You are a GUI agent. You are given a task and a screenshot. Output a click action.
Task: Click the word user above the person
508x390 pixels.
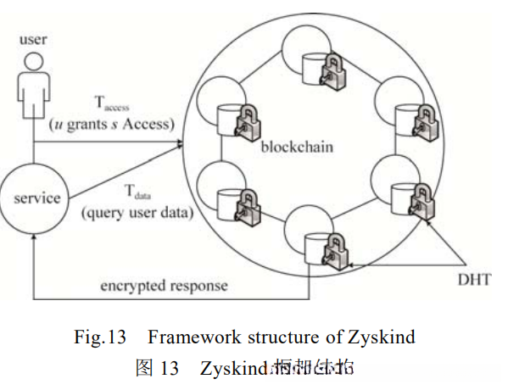[34, 39]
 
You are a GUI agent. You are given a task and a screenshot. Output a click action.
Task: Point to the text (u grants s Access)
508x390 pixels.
[112, 125]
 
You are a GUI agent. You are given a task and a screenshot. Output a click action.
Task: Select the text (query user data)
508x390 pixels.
[136, 212]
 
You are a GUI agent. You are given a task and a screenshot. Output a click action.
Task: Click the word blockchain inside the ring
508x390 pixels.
[297, 148]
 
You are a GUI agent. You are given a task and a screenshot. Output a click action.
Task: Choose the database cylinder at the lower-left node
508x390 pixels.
[226, 202]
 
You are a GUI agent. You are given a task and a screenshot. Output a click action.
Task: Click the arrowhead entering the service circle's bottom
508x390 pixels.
[34, 241]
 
